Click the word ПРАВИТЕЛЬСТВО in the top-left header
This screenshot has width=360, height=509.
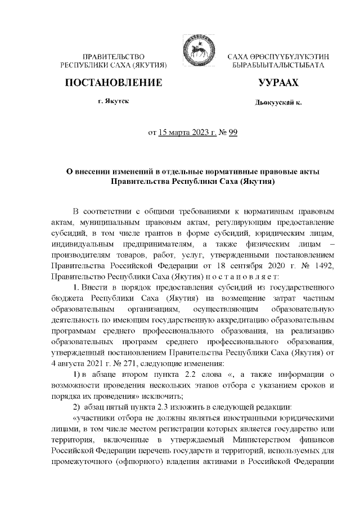coord(114,57)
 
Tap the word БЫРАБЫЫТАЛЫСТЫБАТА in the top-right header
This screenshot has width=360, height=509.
coord(278,66)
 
